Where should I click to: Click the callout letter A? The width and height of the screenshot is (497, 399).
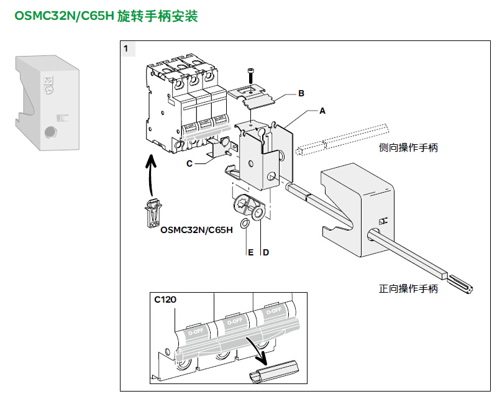click(x=322, y=111)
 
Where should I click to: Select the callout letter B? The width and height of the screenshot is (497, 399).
click(x=301, y=94)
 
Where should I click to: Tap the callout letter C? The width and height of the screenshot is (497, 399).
click(x=189, y=164)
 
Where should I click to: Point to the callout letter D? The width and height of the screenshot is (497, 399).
click(x=265, y=252)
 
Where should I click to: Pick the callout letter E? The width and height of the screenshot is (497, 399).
click(x=250, y=252)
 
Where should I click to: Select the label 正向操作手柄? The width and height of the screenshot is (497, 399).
click(x=408, y=288)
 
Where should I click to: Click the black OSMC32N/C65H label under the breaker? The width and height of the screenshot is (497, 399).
click(x=196, y=230)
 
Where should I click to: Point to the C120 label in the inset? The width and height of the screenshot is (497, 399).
click(x=165, y=300)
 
